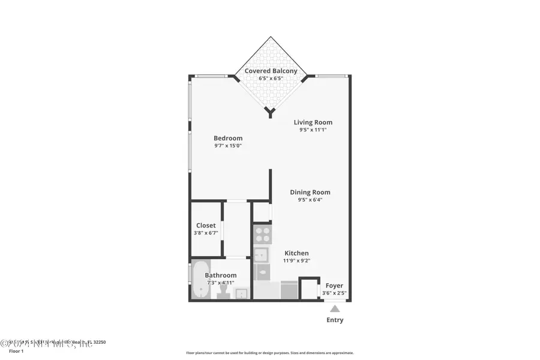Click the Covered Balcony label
(270, 71)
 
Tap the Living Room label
(313, 122)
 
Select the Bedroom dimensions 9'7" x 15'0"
(228, 146)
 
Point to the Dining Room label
(310, 192)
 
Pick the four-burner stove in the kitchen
(261, 233)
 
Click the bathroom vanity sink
(241, 293)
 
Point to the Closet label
(206, 226)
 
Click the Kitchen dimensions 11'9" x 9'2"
(296, 262)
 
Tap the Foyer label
(334, 286)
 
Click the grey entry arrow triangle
(335, 308)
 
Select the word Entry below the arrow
(335, 320)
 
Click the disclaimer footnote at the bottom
(270, 353)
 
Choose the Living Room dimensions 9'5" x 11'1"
(313, 130)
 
